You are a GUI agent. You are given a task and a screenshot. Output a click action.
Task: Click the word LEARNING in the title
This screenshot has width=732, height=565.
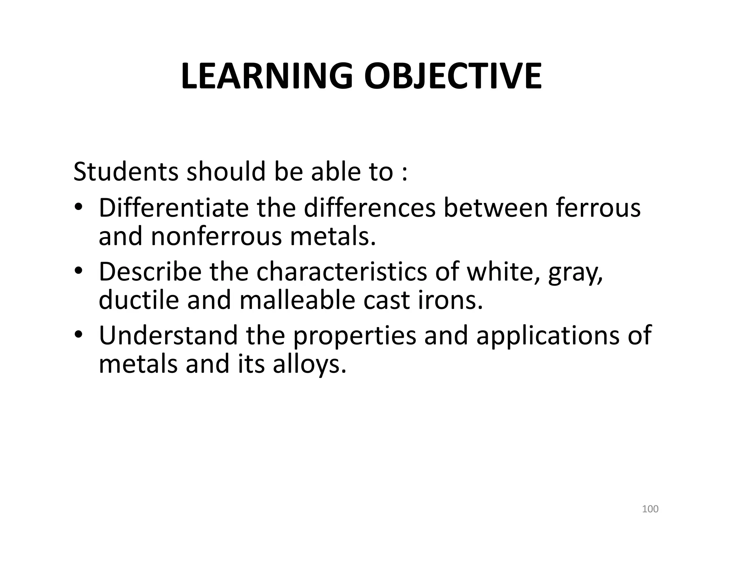[266, 76]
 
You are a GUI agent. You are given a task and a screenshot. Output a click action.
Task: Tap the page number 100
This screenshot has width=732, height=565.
[650, 509]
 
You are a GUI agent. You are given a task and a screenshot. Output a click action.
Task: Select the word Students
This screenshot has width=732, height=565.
[125, 172]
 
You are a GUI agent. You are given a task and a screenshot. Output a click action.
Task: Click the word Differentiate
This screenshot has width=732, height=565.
[173, 207]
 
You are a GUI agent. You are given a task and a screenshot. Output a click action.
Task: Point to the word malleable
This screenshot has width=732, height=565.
[297, 300]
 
